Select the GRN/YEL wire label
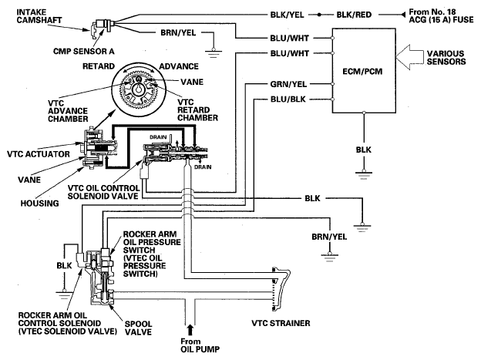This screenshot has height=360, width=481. tap(288, 84)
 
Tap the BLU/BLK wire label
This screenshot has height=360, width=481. tap(288, 99)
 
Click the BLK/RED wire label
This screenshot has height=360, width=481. tap(354, 15)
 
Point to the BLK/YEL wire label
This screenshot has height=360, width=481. tap(287, 15)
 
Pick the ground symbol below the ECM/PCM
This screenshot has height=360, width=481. tap(364, 175)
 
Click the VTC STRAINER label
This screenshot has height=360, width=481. tap(281, 323)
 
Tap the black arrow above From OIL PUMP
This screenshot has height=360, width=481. tap(190, 330)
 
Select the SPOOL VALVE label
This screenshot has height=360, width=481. tap(138, 328)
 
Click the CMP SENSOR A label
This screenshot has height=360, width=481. tap(84, 51)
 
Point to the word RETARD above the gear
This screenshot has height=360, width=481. tap(99, 66)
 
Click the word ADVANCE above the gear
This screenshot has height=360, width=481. tap(179, 66)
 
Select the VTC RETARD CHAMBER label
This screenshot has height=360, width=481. tap(197, 110)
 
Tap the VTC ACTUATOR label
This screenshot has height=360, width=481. tap(39, 154)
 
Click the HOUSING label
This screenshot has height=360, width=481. tap(39, 204)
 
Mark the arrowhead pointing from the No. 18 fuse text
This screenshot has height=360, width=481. tap(403, 15)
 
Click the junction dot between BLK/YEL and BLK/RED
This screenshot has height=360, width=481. tap(319, 15)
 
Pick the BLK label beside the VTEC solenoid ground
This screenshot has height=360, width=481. tap(64, 265)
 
